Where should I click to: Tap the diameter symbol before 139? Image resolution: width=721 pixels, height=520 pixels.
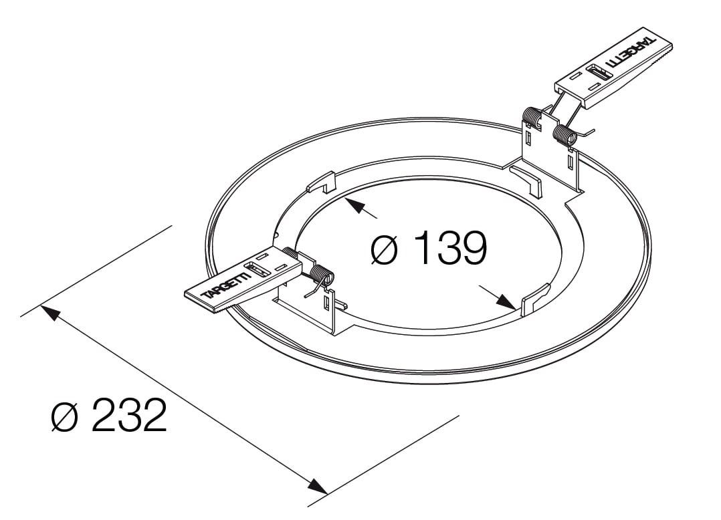click(x=385, y=249)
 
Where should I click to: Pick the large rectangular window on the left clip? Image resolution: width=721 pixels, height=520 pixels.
click(x=257, y=271)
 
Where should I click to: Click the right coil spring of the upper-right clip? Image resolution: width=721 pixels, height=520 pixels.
click(x=564, y=136)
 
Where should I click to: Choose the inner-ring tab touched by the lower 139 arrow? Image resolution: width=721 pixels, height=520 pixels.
click(x=533, y=299)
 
